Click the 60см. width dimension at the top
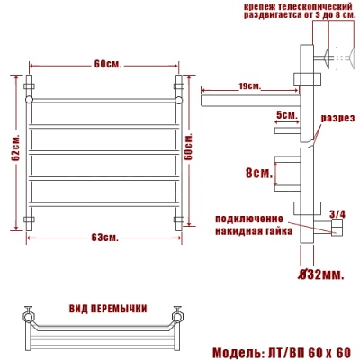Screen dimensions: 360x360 pos(105,64)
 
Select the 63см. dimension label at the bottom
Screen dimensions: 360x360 pos(105,237)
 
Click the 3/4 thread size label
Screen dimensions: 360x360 pos(337,213)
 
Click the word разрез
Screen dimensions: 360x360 pos(337,117)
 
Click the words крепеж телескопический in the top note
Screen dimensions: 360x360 pos(288,6)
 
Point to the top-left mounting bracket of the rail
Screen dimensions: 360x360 pos(30,89)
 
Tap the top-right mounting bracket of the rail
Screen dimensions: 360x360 pos(178,89)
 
